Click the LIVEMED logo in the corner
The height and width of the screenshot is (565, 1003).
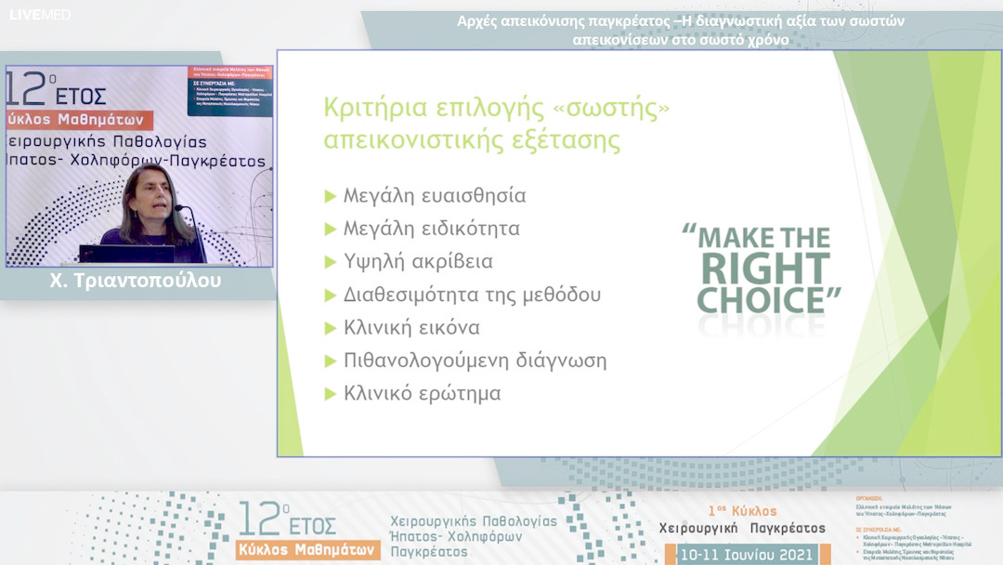tap(40, 15)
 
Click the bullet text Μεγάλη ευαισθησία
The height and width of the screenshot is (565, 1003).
tap(435, 196)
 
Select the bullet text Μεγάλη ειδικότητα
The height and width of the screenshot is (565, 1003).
tap(431, 229)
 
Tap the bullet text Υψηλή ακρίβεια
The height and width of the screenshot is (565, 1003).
tap(418, 262)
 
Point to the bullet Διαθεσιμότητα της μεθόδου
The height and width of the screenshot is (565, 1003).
tap(472, 295)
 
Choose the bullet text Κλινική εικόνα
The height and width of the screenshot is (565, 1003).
tap(411, 328)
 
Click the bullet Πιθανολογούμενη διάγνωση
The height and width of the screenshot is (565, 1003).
tap(475, 361)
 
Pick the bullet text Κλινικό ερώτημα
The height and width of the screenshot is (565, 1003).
tap(422, 393)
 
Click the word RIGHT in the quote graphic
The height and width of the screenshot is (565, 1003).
tap(765, 269)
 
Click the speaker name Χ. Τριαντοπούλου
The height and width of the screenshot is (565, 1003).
tap(136, 281)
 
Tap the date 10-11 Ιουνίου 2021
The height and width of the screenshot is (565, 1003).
tap(747, 555)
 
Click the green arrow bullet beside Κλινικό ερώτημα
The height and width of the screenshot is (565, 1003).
tap(330, 394)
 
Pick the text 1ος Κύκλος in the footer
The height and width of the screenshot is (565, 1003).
tap(742, 511)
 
